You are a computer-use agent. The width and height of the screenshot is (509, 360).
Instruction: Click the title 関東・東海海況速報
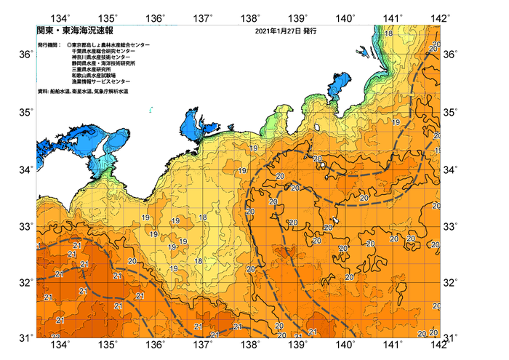[65, 32]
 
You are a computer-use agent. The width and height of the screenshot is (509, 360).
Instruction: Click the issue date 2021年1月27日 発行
[286, 32]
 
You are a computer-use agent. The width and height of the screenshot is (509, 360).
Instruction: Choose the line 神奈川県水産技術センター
[107, 58]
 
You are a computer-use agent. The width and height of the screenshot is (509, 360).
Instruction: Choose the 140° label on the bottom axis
[345, 345]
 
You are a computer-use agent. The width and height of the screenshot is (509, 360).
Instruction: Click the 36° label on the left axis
[25, 55]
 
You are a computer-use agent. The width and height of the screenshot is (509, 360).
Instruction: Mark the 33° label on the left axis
[25, 226]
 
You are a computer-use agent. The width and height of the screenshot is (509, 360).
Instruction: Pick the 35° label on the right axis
[452, 113]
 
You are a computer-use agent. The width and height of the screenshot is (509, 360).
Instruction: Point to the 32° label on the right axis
[452, 283]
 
